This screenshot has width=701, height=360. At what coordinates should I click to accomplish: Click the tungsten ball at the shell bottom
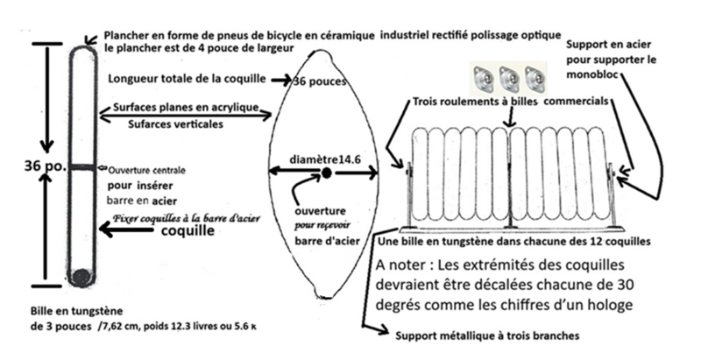[81, 278]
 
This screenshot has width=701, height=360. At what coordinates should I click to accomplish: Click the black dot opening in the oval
[326, 174]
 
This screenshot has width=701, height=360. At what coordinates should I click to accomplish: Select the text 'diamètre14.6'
[325, 160]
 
